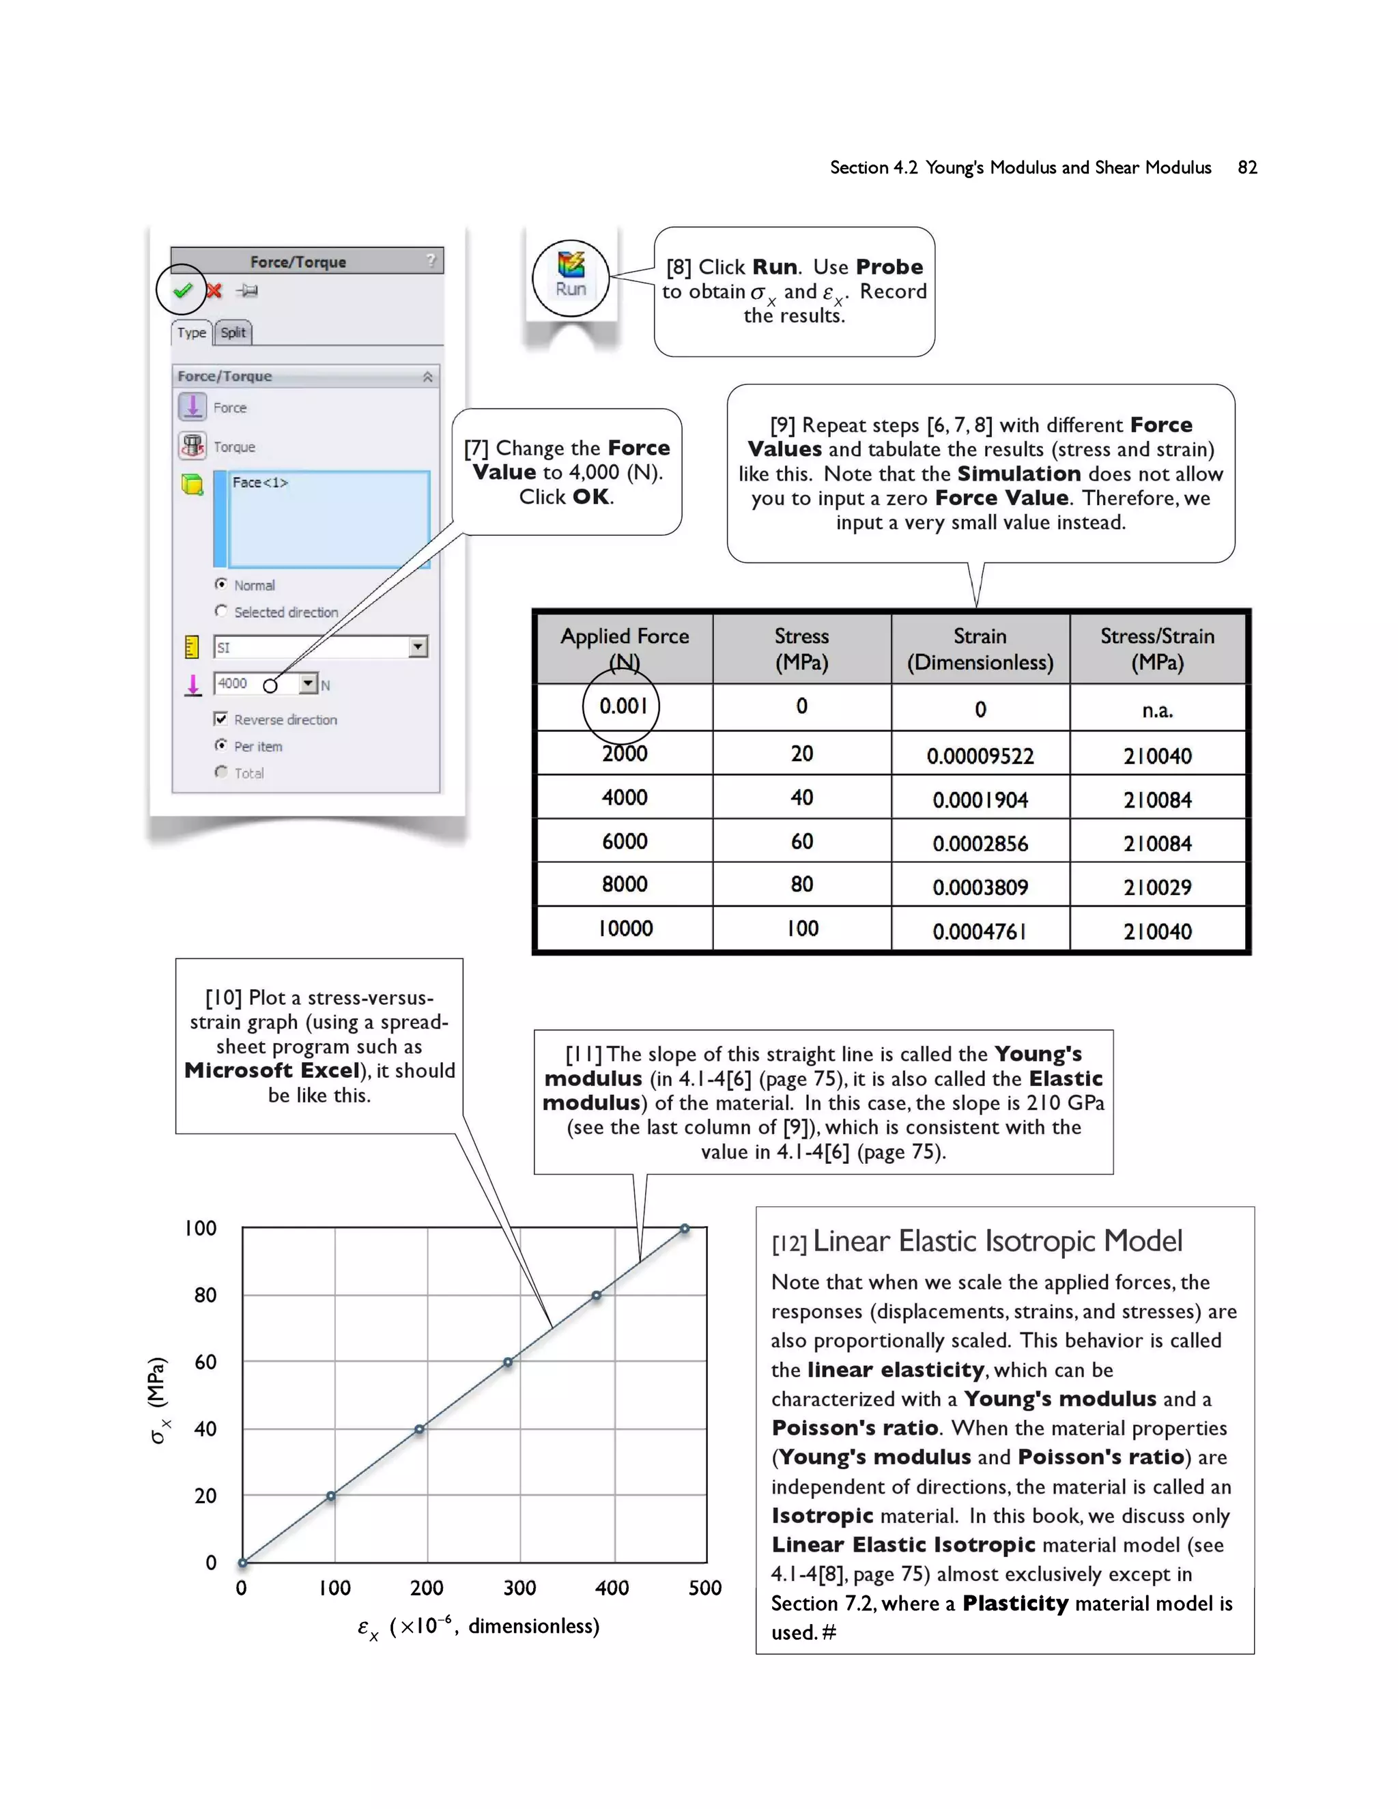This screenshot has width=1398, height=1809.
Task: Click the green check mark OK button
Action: click(182, 290)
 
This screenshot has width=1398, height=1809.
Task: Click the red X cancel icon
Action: click(214, 291)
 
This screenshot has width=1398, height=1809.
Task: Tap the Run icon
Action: click(571, 276)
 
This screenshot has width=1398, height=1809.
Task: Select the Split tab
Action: click(233, 332)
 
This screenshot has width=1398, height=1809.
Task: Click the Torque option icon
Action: click(192, 446)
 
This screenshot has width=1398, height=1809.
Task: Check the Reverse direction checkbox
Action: click(220, 718)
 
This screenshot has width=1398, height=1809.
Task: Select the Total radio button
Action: click(220, 772)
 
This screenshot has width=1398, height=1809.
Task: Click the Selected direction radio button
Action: click(220, 611)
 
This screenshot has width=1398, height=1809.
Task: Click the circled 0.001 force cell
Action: click(623, 707)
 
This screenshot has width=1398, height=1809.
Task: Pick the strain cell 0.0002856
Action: click(980, 843)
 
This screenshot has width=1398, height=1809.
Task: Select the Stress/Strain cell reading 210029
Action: click(1157, 887)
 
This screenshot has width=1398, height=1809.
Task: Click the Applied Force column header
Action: click(625, 648)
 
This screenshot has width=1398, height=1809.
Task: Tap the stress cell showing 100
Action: click(801, 928)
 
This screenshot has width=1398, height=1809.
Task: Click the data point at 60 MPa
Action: click(508, 1362)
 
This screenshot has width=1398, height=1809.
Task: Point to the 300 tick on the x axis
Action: click(519, 1588)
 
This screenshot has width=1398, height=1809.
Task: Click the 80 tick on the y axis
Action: click(205, 1294)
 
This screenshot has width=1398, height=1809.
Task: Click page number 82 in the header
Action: click(1246, 167)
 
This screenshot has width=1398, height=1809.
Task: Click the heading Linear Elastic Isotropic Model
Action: click(997, 1241)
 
